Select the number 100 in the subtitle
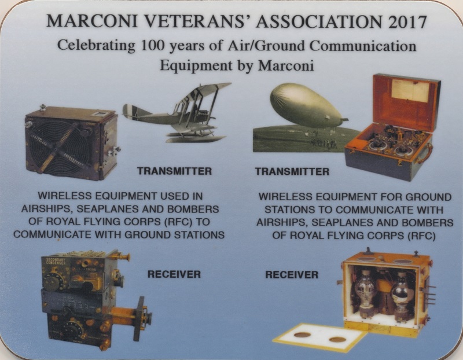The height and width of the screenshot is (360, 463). [152, 46]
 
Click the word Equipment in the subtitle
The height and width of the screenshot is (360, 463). [196, 65]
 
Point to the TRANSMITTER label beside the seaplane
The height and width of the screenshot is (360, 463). [175, 171]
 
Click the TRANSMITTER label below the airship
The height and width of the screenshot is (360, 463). [292, 171]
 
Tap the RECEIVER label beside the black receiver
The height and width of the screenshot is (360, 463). [174, 274]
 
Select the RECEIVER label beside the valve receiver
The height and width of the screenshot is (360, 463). [292, 275]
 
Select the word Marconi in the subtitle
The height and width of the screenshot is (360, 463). [286, 65]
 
